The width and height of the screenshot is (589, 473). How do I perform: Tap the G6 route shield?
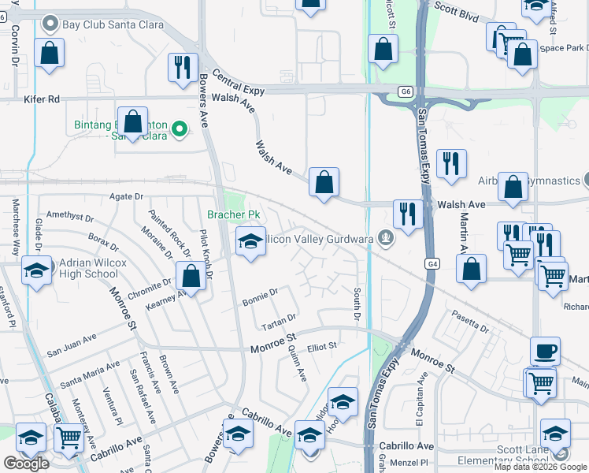406,91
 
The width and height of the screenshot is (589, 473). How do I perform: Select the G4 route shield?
432,263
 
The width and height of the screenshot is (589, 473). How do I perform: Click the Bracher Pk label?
233,214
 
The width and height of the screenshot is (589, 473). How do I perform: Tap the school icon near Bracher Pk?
250,240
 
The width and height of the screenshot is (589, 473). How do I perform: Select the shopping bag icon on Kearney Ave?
191,276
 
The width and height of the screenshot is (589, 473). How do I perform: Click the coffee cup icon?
544,351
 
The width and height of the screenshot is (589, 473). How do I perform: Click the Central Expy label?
238,86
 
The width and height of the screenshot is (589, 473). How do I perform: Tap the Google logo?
26,464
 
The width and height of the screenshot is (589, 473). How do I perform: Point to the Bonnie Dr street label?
260,293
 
